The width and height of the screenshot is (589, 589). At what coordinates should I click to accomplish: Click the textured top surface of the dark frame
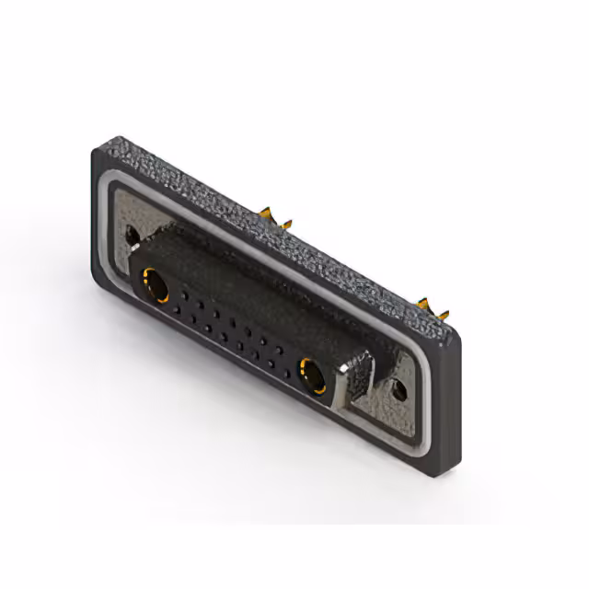click(276, 221)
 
